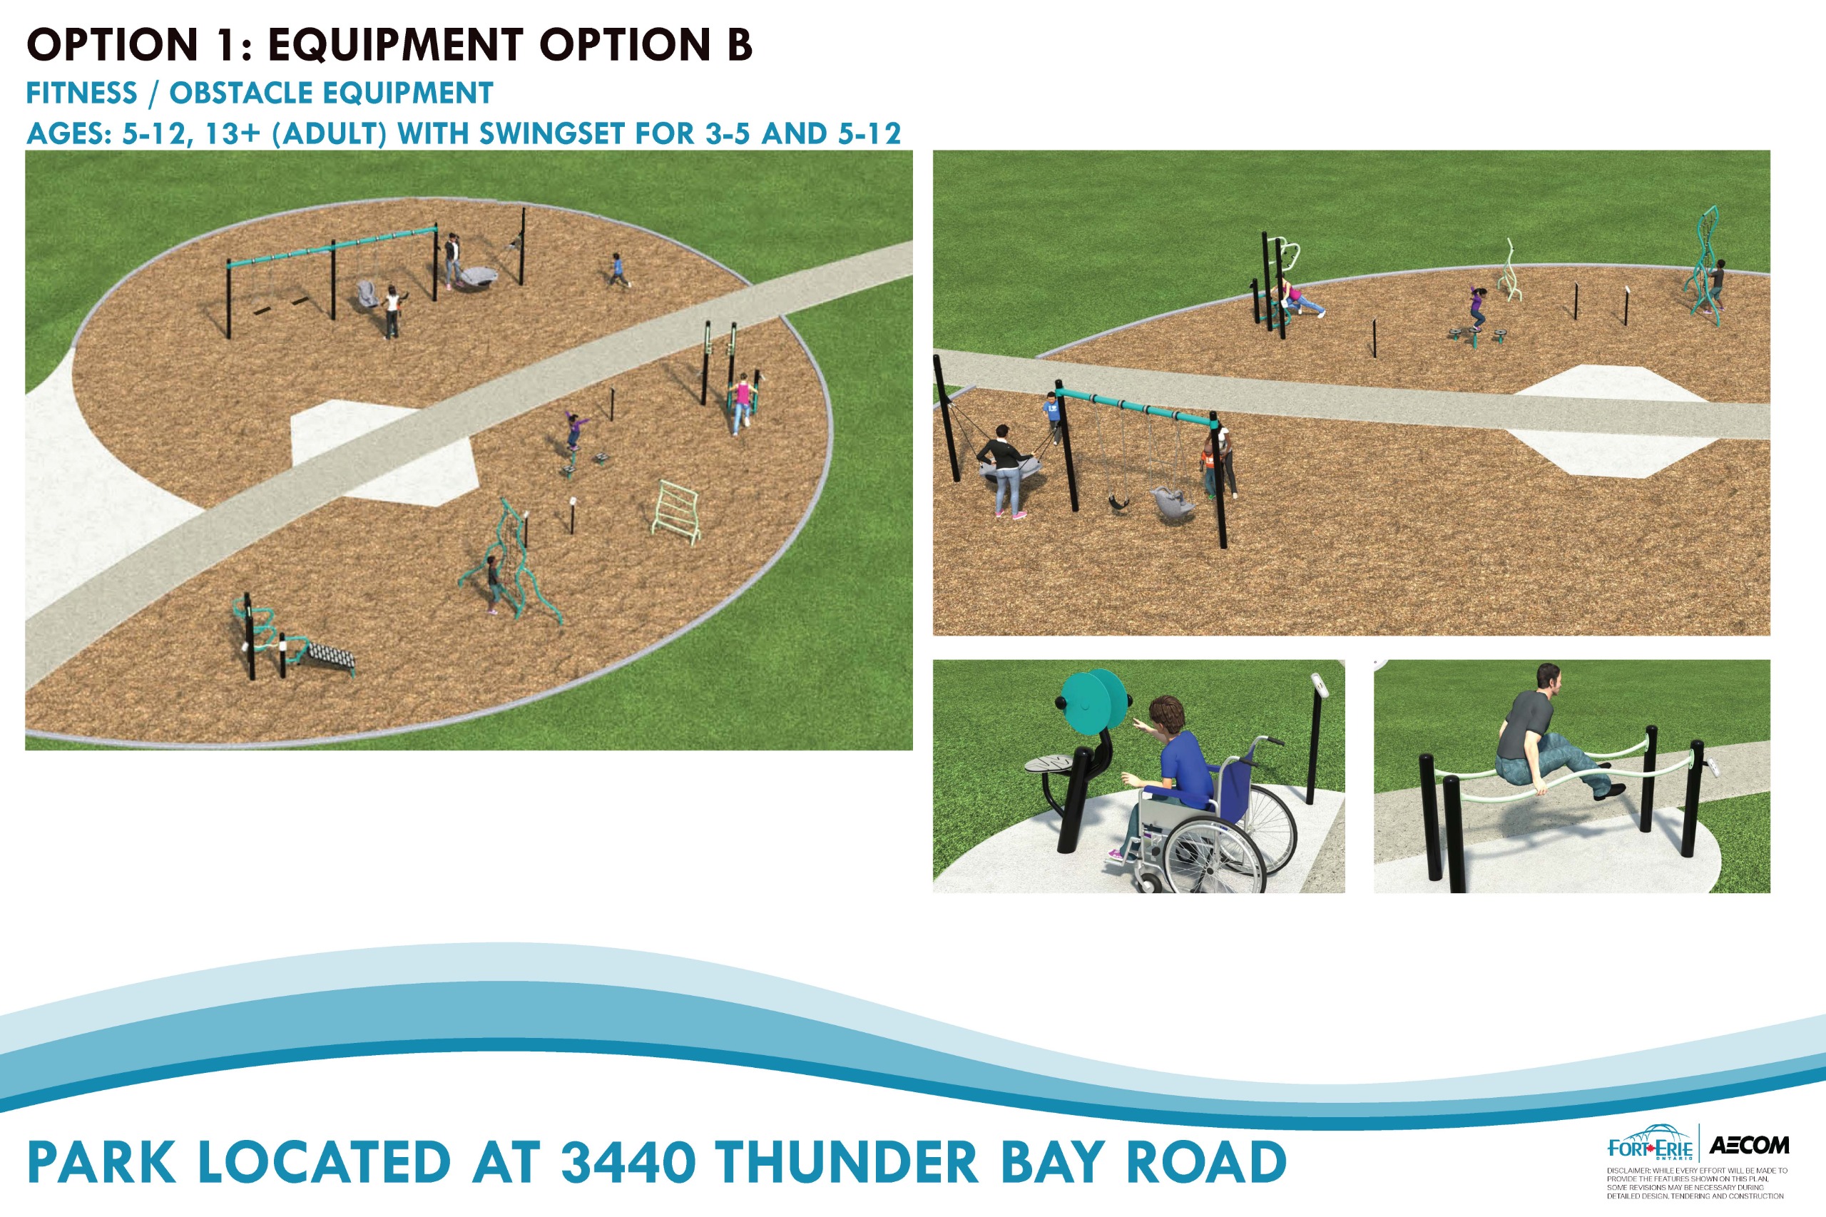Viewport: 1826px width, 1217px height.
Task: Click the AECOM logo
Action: tap(1749, 1145)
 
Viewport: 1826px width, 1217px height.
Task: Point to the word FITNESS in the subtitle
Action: tap(81, 93)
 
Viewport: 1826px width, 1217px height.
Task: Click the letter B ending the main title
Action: tap(740, 44)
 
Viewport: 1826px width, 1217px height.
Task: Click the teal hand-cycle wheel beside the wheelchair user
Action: tap(1094, 702)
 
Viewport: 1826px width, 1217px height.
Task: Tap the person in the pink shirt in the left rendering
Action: tap(742, 403)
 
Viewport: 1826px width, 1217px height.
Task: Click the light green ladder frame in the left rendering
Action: tap(675, 509)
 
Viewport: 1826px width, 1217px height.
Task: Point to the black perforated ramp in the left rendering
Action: tap(330, 654)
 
